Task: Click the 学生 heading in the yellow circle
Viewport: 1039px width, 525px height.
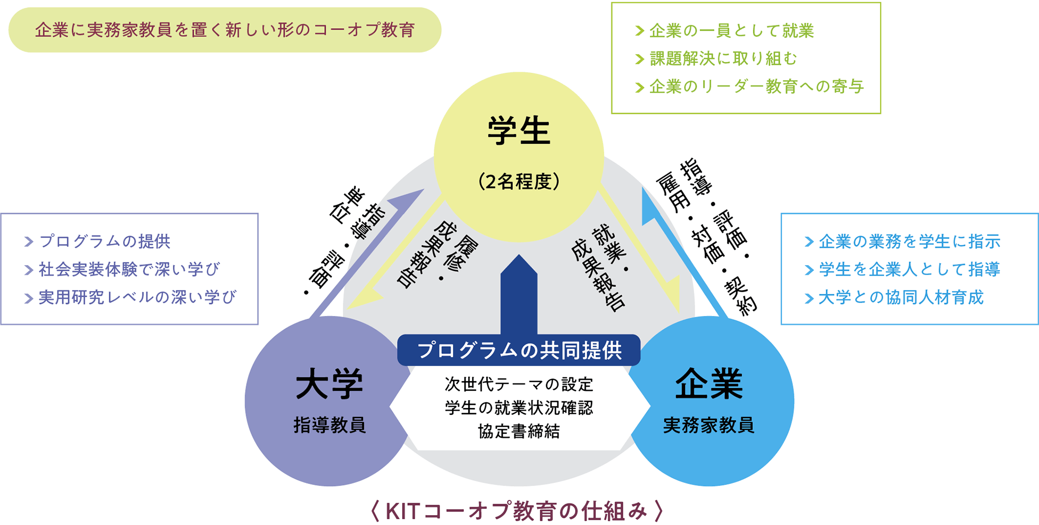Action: pyautogui.click(x=518, y=130)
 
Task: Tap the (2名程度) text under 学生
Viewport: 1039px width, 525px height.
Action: pyautogui.click(x=518, y=181)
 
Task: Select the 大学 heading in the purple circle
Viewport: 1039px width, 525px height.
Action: pyautogui.click(x=329, y=385)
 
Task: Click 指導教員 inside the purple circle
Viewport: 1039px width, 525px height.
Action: pyautogui.click(x=329, y=425)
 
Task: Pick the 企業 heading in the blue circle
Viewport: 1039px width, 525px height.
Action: pyautogui.click(x=709, y=385)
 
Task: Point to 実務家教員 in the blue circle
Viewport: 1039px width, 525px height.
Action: pyautogui.click(x=709, y=425)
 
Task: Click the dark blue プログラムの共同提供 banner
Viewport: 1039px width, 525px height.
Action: pyautogui.click(x=518, y=350)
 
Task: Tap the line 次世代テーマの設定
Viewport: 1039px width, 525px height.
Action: pyautogui.click(x=518, y=385)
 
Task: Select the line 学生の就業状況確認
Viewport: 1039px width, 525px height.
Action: pyautogui.click(x=518, y=408)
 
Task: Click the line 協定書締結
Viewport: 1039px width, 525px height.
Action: pyautogui.click(x=518, y=431)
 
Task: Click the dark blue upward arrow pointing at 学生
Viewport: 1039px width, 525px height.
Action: pyautogui.click(x=518, y=296)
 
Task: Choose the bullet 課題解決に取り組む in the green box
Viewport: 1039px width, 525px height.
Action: pyautogui.click(x=723, y=59)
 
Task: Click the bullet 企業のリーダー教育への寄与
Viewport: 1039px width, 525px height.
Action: pyautogui.click(x=756, y=86)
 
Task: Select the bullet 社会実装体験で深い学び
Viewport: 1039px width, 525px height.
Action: pyautogui.click(x=129, y=269)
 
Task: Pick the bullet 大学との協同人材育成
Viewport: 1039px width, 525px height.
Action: pyautogui.click(x=901, y=297)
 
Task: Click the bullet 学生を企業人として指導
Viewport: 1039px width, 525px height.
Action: pyautogui.click(x=909, y=269)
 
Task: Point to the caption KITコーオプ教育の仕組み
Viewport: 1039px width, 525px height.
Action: pyautogui.click(x=517, y=511)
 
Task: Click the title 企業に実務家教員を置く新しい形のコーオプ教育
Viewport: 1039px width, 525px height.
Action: pyautogui.click(x=225, y=30)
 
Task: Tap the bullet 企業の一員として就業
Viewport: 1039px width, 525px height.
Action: pyautogui.click(x=731, y=31)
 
